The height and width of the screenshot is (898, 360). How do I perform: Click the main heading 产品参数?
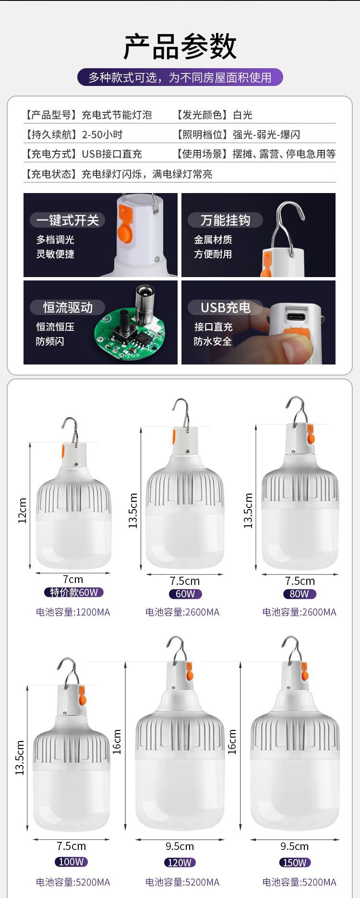pyautogui.click(x=180, y=47)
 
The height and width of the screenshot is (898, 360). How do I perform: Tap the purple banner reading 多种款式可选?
pyautogui.click(x=180, y=77)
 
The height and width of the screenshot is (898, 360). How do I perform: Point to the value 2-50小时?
pyautogui.click(x=102, y=134)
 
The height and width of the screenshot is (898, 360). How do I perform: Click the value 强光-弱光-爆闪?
pyautogui.click(x=266, y=134)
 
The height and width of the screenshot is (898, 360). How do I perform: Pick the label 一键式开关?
pyautogui.click(x=68, y=220)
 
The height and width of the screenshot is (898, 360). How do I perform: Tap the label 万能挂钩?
pyautogui.click(x=225, y=220)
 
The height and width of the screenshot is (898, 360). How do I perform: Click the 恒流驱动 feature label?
pyautogui.click(x=68, y=307)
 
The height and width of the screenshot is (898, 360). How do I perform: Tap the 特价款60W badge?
pyautogui.click(x=73, y=592)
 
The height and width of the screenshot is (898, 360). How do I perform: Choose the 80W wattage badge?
pyautogui.click(x=299, y=594)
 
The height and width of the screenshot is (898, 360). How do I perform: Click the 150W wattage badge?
pyautogui.click(x=295, y=862)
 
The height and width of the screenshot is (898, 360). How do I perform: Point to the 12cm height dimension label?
pyautogui.click(x=22, y=510)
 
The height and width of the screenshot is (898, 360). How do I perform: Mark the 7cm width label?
pyautogui.click(x=73, y=580)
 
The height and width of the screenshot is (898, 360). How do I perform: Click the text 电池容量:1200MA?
pyautogui.click(x=73, y=612)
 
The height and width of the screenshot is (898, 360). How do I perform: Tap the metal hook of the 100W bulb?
pyautogui.click(x=68, y=669)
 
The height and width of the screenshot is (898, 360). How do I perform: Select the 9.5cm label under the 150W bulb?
pyautogui.click(x=294, y=846)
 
